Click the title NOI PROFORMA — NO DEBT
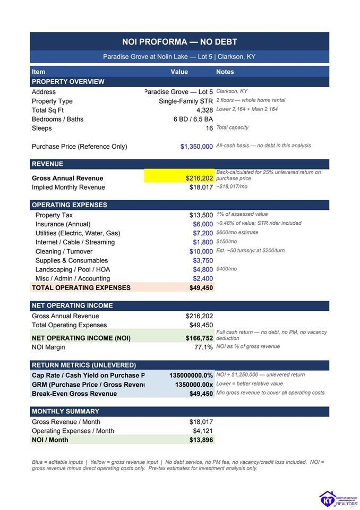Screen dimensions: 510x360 click(x=179, y=41)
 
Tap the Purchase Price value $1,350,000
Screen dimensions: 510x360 click(x=196, y=147)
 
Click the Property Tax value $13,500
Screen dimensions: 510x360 click(x=201, y=215)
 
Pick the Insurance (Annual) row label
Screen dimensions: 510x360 click(x=63, y=224)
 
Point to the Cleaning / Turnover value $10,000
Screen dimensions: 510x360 click(x=201, y=251)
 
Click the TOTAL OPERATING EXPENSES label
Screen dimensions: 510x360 click(x=81, y=288)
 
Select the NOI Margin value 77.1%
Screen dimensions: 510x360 click(x=203, y=347)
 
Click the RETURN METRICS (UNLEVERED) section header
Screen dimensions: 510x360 click(x=84, y=365)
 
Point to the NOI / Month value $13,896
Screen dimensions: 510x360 click(x=201, y=440)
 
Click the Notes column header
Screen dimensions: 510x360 click(x=225, y=72)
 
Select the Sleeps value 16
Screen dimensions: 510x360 click(x=209, y=129)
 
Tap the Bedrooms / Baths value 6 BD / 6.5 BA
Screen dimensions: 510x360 click(x=193, y=119)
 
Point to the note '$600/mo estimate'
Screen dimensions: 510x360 click(x=237, y=233)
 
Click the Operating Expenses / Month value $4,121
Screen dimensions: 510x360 click(x=203, y=431)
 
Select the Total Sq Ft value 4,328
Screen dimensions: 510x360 click(x=204, y=110)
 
